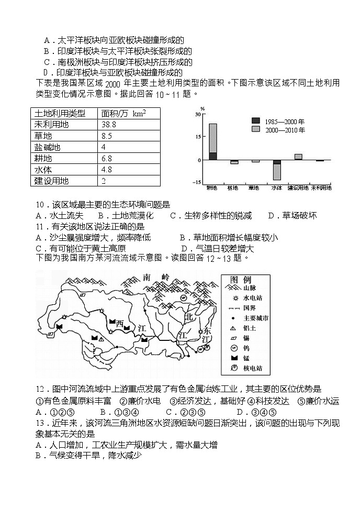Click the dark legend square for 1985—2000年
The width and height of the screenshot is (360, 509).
(255, 120)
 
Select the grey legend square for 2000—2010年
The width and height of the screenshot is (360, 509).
(255, 129)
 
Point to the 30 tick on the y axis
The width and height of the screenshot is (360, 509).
(197, 114)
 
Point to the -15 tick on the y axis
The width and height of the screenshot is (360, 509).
(196, 182)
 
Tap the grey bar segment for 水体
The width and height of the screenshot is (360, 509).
(277, 172)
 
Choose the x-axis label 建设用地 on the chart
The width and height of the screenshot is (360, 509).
(298, 187)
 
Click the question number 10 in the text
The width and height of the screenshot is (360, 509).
(42, 205)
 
